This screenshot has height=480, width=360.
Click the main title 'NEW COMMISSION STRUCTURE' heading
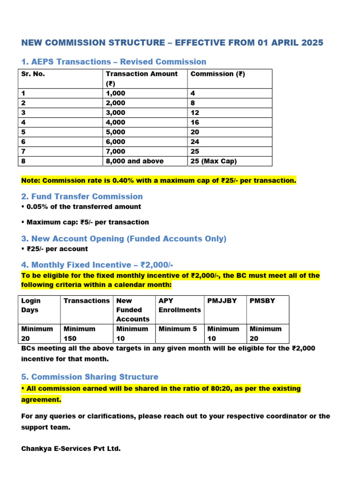click(x=172, y=43)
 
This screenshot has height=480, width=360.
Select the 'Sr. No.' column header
click(x=33, y=74)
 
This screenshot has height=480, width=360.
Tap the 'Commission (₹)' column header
click(x=217, y=74)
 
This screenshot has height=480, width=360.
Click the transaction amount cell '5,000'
click(x=116, y=132)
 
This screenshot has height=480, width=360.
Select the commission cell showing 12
click(x=195, y=112)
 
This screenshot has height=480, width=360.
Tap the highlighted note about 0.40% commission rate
click(x=159, y=180)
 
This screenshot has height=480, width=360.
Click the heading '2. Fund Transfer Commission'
click(x=82, y=196)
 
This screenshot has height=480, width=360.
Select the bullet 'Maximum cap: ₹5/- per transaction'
click(x=85, y=222)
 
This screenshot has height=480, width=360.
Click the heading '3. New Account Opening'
click(x=124, y=239)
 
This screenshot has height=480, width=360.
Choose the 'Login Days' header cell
click(x=31, y=305)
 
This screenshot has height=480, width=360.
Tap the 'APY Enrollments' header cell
click(x=180, y=305)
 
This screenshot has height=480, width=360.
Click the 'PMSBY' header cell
click(x=262, y=300)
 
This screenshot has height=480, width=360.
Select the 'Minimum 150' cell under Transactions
click(x=79, y=333)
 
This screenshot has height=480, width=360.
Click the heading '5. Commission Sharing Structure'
click(x=90, y=377)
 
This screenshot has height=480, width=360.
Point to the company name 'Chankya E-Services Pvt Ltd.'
click(x=71, y=449)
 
